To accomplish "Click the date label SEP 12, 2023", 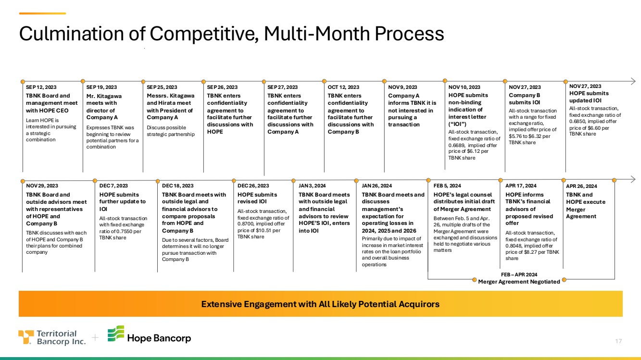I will click(41, 87).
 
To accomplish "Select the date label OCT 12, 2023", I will click(343, 87).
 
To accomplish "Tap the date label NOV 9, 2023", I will click(402, 87).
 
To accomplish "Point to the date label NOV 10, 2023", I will click(464, 87).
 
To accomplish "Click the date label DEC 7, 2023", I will click(113, 186).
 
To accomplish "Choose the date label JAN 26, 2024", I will click(377, 186).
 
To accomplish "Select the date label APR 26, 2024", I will click(581, 186).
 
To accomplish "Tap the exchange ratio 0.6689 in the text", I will click(456, 145).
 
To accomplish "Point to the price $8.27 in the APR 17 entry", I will click(532, 251).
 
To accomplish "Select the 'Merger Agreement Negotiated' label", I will click(519, 282).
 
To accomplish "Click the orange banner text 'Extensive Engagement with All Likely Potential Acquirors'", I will click(320, 304).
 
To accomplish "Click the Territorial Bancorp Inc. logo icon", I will click(26, 337).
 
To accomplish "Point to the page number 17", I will click(619, 341).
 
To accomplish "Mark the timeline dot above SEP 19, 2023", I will click(83, 81).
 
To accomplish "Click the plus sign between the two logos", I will click(95, 338).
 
